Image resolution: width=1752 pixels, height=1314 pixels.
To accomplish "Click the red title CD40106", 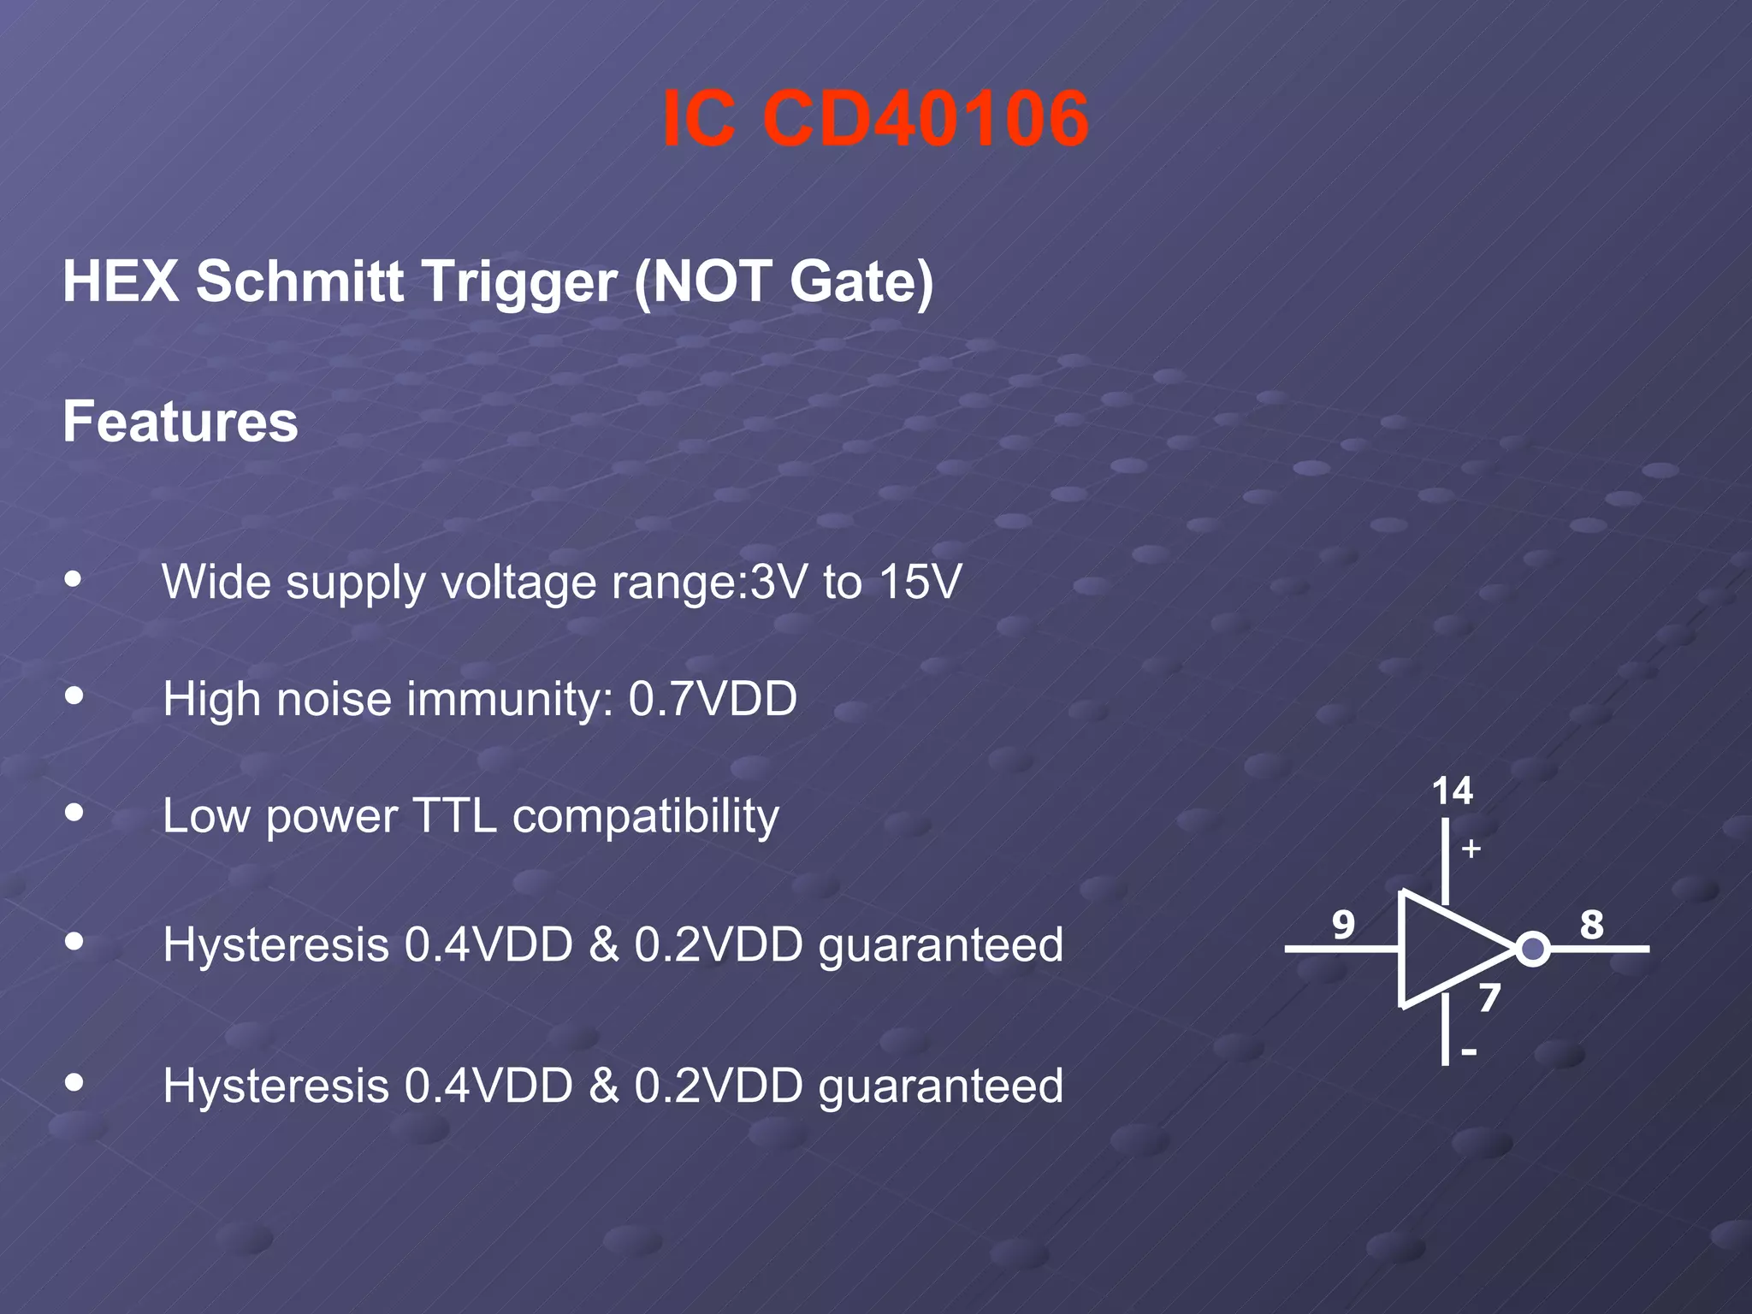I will click(926, 119).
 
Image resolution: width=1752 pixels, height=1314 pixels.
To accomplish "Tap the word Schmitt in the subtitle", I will click(299, 281).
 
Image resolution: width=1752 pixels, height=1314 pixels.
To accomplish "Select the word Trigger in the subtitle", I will click(520, 281).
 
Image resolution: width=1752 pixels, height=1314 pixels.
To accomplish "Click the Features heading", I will click(181, 422).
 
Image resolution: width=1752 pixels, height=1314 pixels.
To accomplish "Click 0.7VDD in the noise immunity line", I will click(713, 699).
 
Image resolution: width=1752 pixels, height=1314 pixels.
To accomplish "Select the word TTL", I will click(454, 815).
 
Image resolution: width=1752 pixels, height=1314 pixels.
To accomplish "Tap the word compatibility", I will click(646, 817).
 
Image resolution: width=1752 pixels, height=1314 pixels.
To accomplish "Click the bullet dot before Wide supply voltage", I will click(74, 579).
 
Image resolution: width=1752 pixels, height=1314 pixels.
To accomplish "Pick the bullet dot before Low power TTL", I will click(74, 812).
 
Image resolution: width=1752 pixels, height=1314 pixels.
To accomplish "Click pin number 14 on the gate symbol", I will click(1452, 791).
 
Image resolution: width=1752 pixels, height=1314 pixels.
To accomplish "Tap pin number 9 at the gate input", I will click(1343, 925).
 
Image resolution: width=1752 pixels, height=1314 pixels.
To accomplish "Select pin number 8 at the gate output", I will click(1591, 925).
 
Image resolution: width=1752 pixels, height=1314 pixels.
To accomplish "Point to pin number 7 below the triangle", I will click(1489, 998).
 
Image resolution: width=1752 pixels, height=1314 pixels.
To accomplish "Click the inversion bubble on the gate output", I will click(1533, 949).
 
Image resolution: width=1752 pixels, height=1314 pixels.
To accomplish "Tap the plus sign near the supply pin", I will click(1471, 849).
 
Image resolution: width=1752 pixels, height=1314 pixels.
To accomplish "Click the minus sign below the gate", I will click(1469, 1052).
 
